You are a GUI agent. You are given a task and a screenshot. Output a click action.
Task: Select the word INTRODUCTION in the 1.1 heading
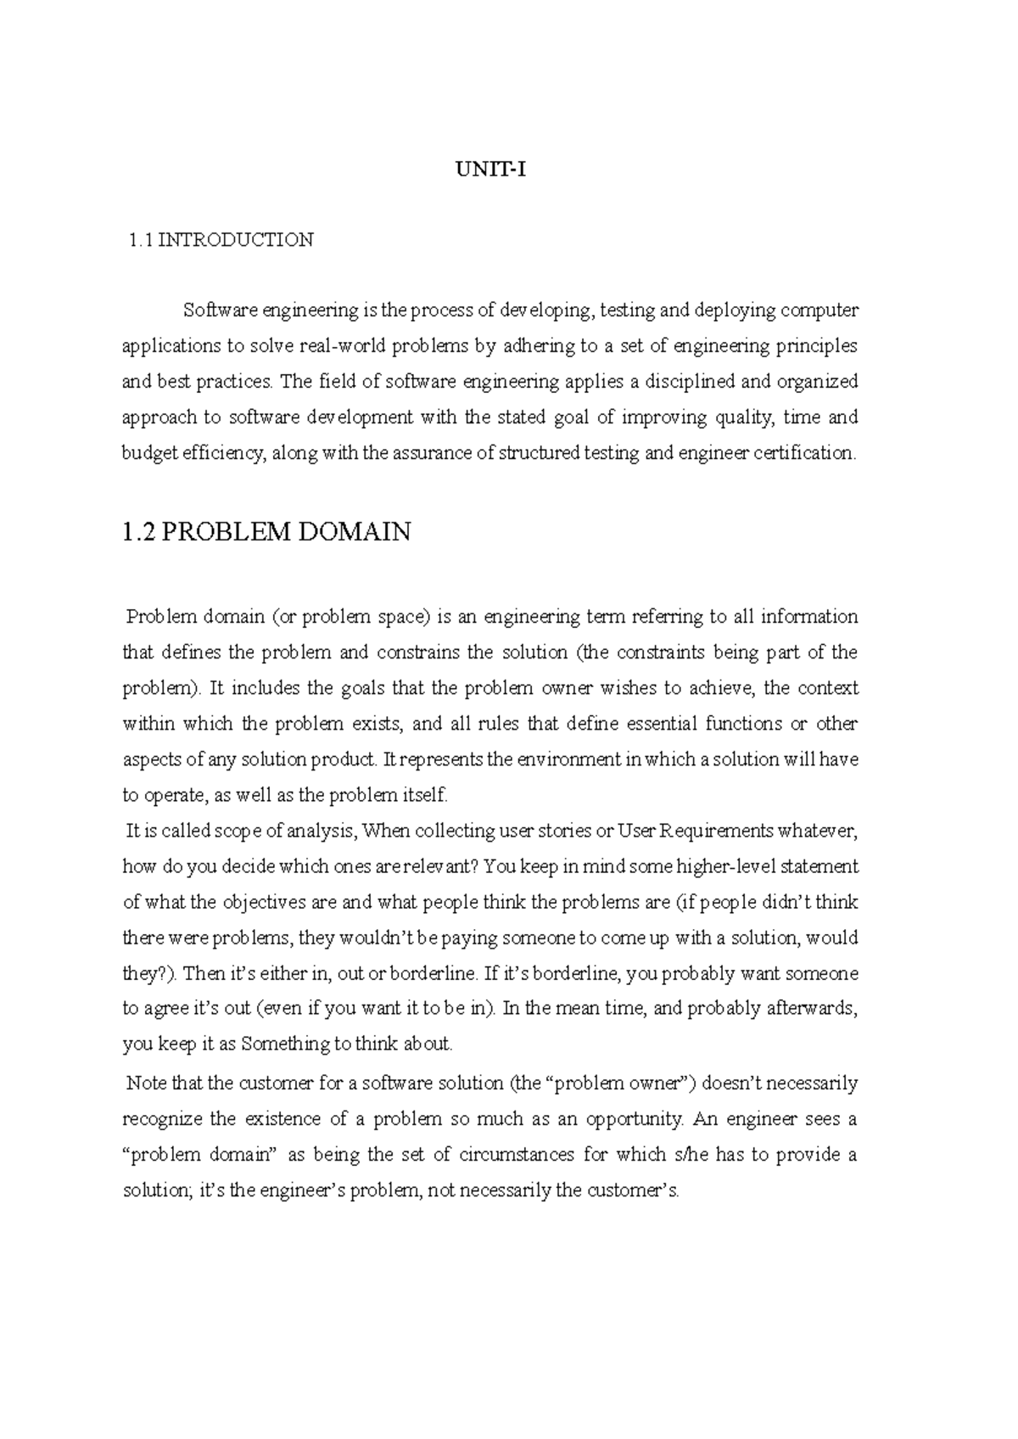tap(236, 240)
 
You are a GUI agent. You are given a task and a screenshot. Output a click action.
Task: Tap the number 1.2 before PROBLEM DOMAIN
tap(138, 532)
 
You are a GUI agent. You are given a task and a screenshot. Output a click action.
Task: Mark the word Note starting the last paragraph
tap(146, 1083)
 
